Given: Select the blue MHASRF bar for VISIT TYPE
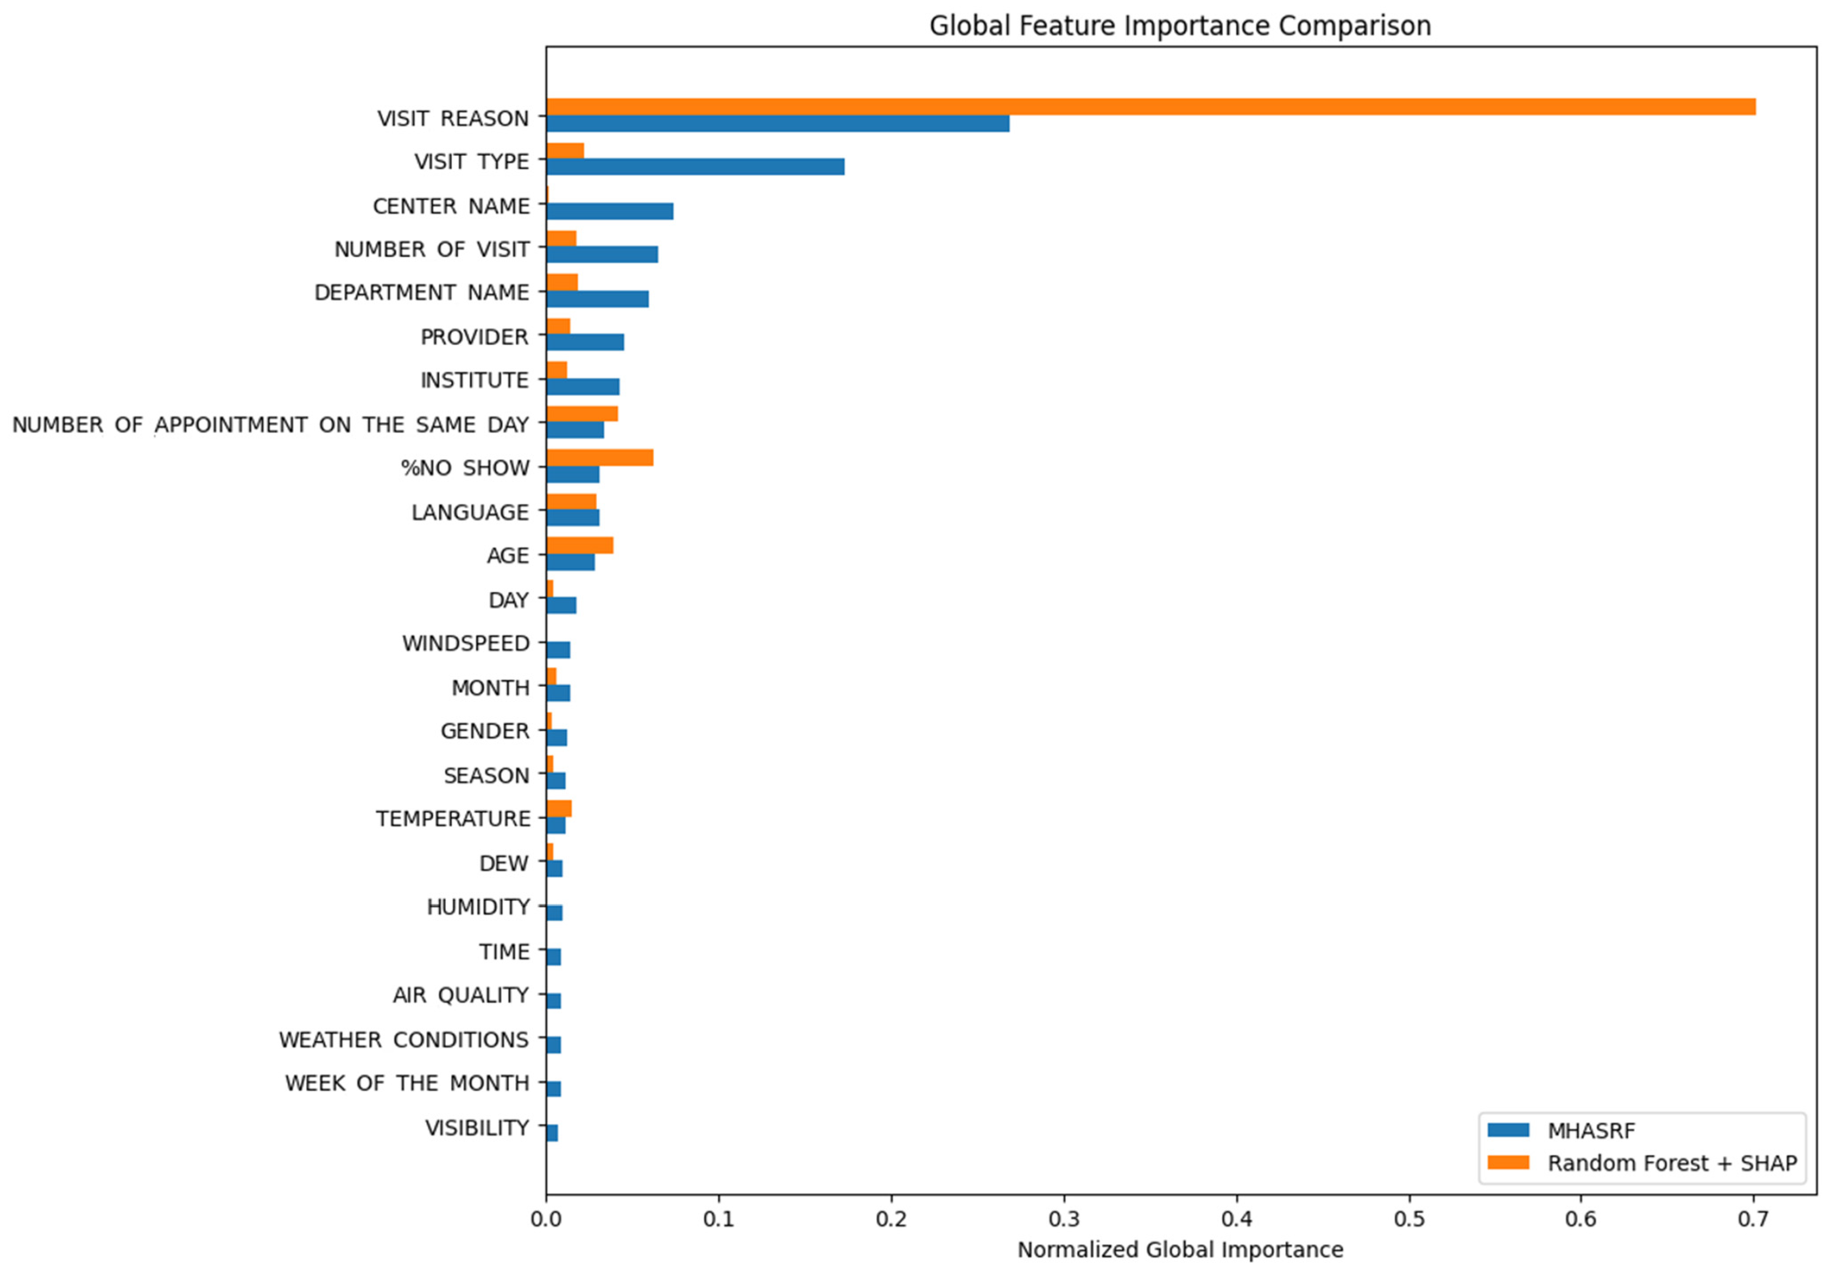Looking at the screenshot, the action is coord(696,166).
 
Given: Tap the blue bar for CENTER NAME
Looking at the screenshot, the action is coord(610,211).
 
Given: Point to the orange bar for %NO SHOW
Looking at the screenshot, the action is coord(600,458).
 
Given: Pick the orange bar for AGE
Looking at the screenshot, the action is coord(581,545).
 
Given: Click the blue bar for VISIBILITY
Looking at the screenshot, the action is coord(553,1132).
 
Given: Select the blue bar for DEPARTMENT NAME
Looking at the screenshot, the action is coord(598,299).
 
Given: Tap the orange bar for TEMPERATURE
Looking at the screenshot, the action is coord(559,808).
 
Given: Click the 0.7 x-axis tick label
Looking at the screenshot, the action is coord(1753,1219).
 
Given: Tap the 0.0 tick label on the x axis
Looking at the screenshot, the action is coord(546,1219).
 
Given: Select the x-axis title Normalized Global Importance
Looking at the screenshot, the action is coord(1180,1250).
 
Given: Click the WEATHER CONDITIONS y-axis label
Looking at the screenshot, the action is coord(404,1040).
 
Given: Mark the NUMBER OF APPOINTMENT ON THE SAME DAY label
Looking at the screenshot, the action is coord(271,425).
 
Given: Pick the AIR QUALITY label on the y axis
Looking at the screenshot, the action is coord(461,995).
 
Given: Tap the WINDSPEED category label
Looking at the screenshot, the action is coord(466,644).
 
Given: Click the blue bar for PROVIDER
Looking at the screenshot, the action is coord(585,342).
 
